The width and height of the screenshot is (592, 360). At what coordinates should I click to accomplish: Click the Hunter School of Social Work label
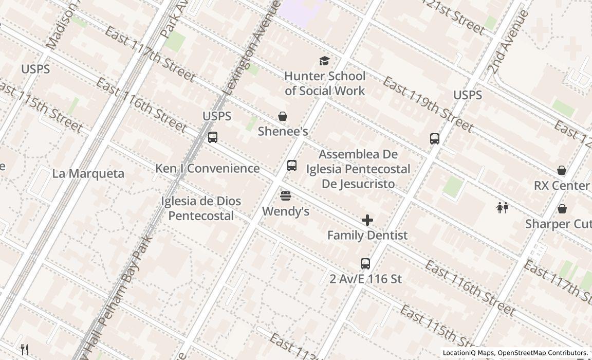click(x=325, y=83)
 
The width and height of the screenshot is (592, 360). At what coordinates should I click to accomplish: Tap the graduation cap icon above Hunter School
click(x=324, y=61)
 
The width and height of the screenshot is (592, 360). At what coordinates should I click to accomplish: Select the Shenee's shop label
click(x=283, y=131)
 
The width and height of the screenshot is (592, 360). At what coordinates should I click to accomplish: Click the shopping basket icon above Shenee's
click(x=283, y=116)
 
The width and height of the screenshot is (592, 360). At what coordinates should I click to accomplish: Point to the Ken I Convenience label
click(x=207, y=168)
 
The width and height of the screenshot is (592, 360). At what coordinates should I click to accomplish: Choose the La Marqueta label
click(x=88, y=173)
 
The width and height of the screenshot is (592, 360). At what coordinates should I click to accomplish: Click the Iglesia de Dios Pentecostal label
click(x=201, y=208)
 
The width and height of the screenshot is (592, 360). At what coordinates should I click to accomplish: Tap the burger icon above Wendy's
click(x=286, y=196)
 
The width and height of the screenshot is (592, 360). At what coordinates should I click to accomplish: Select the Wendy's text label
click(x=286, y=211)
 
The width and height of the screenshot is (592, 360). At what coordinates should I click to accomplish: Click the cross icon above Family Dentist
click(x=367, y=220)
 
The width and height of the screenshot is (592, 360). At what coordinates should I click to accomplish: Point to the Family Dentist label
click(x=367, y=235)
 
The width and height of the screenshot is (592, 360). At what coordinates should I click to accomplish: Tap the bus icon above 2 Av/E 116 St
click(x=365, y=264)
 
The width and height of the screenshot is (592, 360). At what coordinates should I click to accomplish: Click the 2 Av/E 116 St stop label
click(x=365, y=279)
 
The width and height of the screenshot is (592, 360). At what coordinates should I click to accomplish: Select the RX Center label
click(x=561, y=185)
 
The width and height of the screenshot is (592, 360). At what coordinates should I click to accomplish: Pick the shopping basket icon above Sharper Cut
click(x=562, y=209)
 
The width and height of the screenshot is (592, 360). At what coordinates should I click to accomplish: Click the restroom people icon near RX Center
click(x=503, y=208)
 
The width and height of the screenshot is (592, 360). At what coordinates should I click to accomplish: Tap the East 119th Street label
click(x=428, y=104)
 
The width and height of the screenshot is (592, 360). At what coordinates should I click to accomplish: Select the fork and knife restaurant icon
click(x=25, y=350)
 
